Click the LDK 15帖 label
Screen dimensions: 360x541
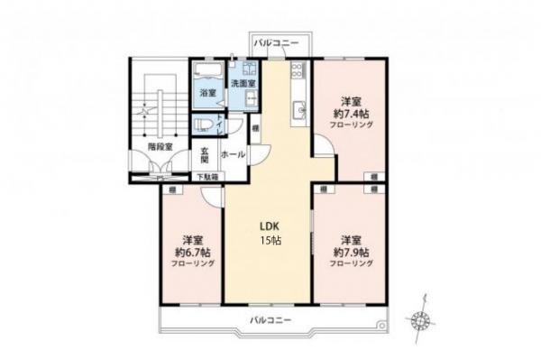[x=269, y=233]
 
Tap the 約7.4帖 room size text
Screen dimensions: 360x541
[x=351, y=115]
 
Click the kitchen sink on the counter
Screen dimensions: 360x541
[x=299, y=111]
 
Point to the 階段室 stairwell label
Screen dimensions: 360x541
[x=160, y=146]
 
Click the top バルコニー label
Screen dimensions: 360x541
[x=274, y=42]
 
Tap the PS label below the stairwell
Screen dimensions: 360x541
[x=160, y=179]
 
